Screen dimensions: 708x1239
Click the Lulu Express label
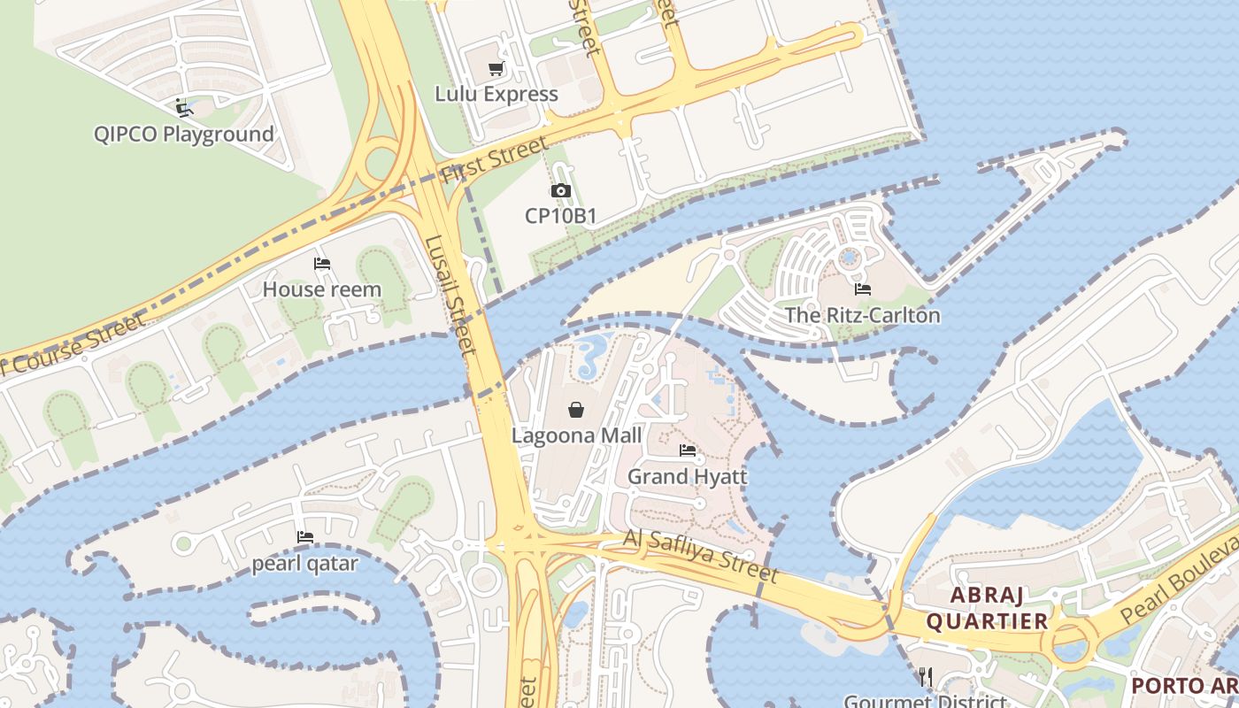496,94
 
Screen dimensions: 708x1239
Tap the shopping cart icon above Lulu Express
496,69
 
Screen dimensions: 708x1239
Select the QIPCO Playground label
184,135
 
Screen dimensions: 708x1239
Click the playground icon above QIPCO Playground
184,108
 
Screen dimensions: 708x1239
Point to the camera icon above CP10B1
560,190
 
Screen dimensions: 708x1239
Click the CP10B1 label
560,216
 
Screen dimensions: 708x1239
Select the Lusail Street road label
450,296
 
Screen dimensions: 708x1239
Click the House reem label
322,289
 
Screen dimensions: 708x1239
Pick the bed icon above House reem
322,264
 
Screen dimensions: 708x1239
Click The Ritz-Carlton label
863,315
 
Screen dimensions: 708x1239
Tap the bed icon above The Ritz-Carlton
863,289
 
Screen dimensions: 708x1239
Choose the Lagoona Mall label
576,435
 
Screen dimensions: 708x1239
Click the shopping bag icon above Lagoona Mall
576,409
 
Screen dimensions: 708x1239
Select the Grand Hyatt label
688,476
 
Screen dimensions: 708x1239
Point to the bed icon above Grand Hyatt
688,450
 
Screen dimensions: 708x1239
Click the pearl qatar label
305,564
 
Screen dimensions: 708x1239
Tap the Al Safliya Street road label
701,557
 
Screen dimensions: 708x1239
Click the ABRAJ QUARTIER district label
987,608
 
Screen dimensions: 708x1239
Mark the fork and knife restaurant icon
926,677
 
